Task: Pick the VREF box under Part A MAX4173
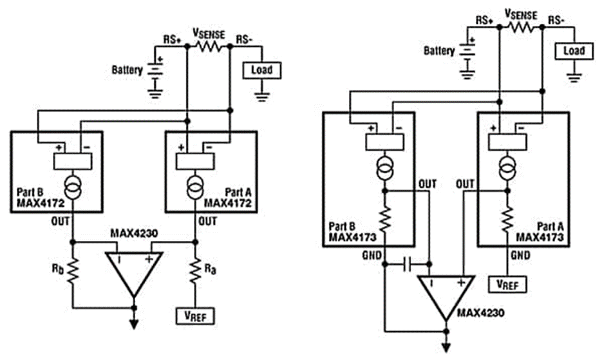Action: tap(509, 283)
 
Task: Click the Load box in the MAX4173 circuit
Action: tap(573, 51)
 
